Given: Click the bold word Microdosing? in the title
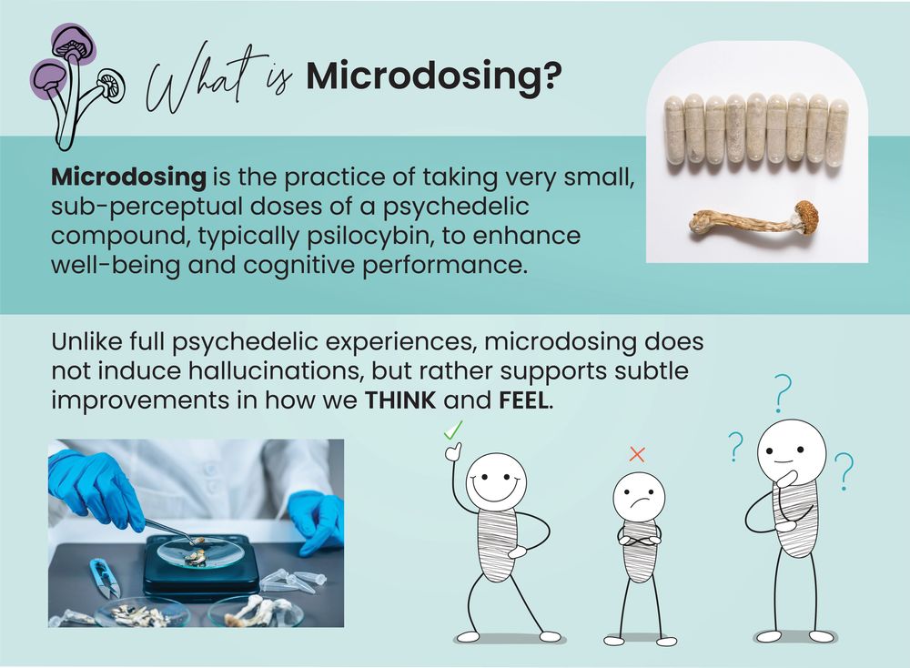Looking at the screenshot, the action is pyautogui.click(x=434, y=76).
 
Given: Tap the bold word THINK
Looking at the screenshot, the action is pyautogui.click(x=399, y=400).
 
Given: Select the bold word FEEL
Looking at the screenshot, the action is pyautogui.click(x=523, y=400).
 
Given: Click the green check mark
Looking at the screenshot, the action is pyautogui.click(x=452, y=430).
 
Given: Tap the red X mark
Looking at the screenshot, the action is pyautogui.click(x=637, y=454).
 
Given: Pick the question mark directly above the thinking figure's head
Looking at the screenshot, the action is pyautogui.click(x=783, y=393).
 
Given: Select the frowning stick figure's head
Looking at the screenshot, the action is pyautogui.click(x=639, y=496).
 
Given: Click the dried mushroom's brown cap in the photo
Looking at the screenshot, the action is pyautogui.click(x=806, y=216).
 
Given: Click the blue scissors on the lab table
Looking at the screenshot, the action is pyautogui.click(x=105, y=578).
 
